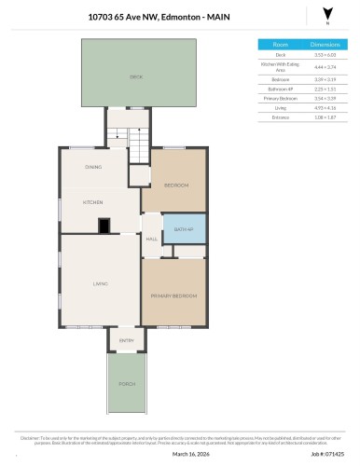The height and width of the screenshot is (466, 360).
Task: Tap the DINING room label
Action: [93, 167]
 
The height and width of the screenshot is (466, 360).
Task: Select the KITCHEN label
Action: [92, 202]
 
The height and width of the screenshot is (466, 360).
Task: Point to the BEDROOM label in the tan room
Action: [176, 185]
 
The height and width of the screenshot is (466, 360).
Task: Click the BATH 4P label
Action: [183, 228]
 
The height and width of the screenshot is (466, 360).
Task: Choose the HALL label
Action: [151, 240]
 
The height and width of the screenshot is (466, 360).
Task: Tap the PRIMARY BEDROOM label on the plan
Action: [174, 295]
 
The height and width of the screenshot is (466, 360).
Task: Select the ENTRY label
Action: [127, 341]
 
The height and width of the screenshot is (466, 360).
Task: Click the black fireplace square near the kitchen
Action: [105, 224]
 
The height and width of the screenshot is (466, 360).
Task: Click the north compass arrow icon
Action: [325, 13]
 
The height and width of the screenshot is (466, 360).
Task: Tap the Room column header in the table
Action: [280, 44]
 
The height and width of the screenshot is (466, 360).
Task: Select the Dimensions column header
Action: [325, 44]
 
